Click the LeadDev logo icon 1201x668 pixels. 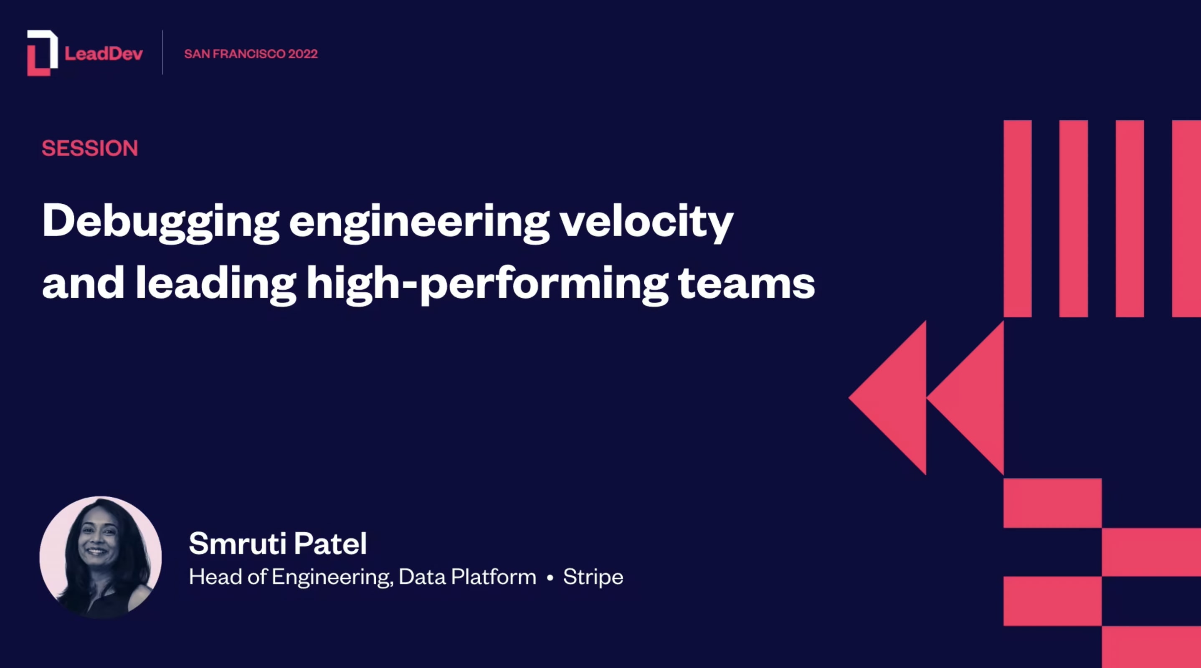(x=42, y=53)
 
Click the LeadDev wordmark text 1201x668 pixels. (x=104, y=53)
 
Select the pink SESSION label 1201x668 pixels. (x=90, y=148)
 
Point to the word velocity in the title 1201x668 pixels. (x=646, y=221)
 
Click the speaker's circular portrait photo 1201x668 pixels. (x=101, y=557)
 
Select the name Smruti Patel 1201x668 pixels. (x=278, y=544)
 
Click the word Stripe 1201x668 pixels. (x=593, y=577)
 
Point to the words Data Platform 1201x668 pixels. (x=467, y=577)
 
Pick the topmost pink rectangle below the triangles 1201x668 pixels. (x=1052, y=503)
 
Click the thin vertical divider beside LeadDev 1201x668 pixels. (x=163, y=52)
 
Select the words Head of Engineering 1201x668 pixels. (x=289, y=577)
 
